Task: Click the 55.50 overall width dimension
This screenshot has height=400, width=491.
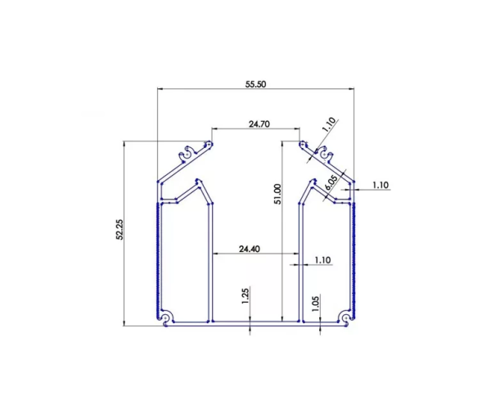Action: pos(256,83)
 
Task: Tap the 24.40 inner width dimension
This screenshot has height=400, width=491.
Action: pos(250,249)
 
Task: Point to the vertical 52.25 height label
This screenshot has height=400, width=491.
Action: pos(119,233)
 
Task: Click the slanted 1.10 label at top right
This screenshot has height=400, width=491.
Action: pos(328,124)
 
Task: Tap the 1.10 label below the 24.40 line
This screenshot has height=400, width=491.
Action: pos(322,260)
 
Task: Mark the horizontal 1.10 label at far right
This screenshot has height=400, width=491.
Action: pos(380,185)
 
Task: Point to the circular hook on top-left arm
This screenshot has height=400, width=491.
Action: pos(190,151)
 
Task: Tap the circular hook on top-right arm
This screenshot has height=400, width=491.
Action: pos(323,151)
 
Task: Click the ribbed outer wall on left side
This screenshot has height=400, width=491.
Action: pos(156,254)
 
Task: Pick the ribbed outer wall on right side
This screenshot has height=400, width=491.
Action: pos(355,254)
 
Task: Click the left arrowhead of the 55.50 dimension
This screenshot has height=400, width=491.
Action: pos(160,89)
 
